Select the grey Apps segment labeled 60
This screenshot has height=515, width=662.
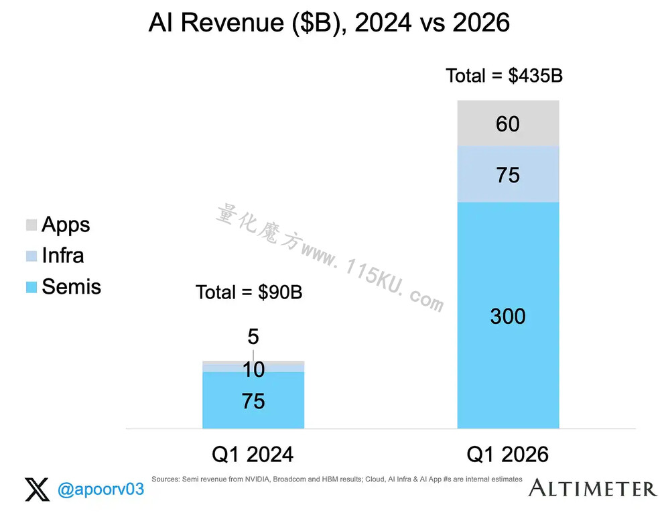(x=509, y=123)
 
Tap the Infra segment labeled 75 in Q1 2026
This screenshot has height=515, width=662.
(x=509, y=174)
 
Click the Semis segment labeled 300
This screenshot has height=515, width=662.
(x=509, y=316)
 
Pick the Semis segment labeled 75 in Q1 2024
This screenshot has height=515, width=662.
(x=253, y=400)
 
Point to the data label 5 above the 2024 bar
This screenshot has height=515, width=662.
(x=253, y=337)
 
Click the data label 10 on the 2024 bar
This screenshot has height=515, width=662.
(x=253, y=369)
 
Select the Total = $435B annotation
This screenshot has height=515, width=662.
(x=504, y=76)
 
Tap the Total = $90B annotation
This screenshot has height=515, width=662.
(x=249, y=292)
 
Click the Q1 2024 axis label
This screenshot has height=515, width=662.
(x=253, y=455)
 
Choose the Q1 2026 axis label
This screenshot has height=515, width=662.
(x=507, y=455)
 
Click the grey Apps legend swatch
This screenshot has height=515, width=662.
(x=31, y=225)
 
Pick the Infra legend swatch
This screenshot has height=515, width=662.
(x=31, y=256)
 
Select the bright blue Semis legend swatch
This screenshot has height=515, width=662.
(x=31, y=287)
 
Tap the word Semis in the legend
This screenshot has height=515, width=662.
(x=71, y=287)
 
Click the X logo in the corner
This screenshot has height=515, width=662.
(x=37, y=490)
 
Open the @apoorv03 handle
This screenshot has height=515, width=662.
(x=101, y=490)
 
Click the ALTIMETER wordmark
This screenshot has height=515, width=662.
(x=592, y=488)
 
